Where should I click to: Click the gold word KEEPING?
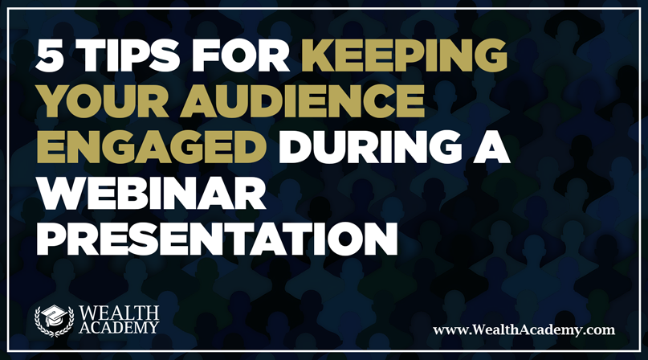click(x=404, y=55)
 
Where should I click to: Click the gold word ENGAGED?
click(x=152, y=147)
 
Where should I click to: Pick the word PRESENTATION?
click(x=217, y=239)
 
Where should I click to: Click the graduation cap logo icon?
click(x=54, y=321)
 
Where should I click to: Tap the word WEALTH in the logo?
click(x=119, y=313)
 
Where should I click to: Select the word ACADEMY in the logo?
click(x=119, y=328)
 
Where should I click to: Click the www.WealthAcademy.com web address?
click(x=524, y=329)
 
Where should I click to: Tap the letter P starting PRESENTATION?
click(x=51, y=239)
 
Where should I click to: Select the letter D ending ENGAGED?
click(x=251, y=147)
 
